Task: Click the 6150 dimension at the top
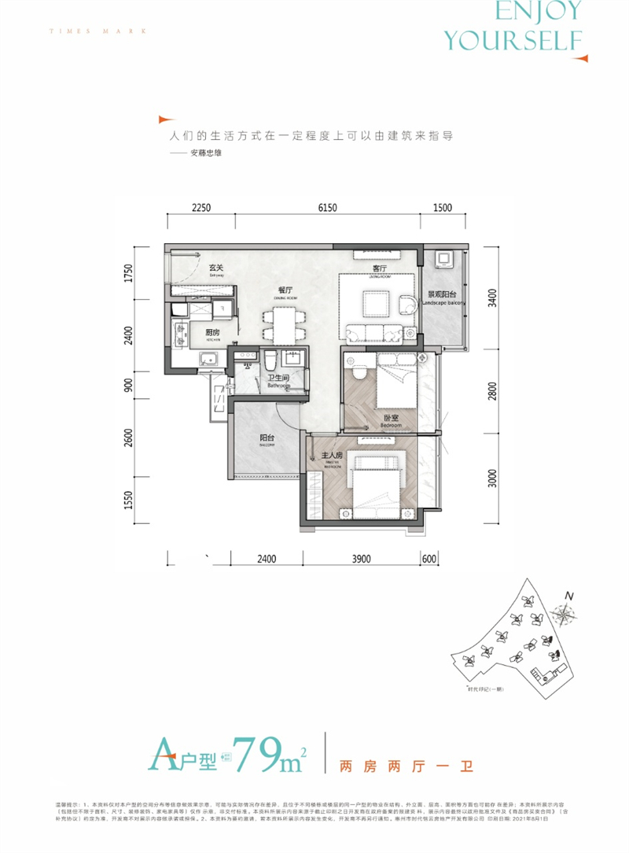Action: click(327, 208)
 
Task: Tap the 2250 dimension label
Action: click(200, 208)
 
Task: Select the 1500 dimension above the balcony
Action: click(443, 208)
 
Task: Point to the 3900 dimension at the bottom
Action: click(361, 559)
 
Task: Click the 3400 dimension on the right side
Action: click(492, 299)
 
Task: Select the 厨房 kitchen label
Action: click(212, 333)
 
